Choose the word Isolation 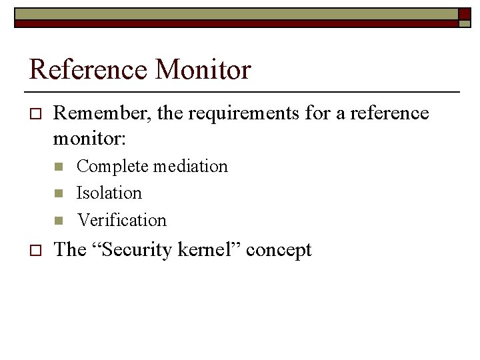109,193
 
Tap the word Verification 121,219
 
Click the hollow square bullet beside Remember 36,115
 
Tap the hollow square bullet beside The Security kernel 36,251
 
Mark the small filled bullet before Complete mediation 58,167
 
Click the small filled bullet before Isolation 58,193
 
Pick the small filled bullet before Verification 58,220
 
